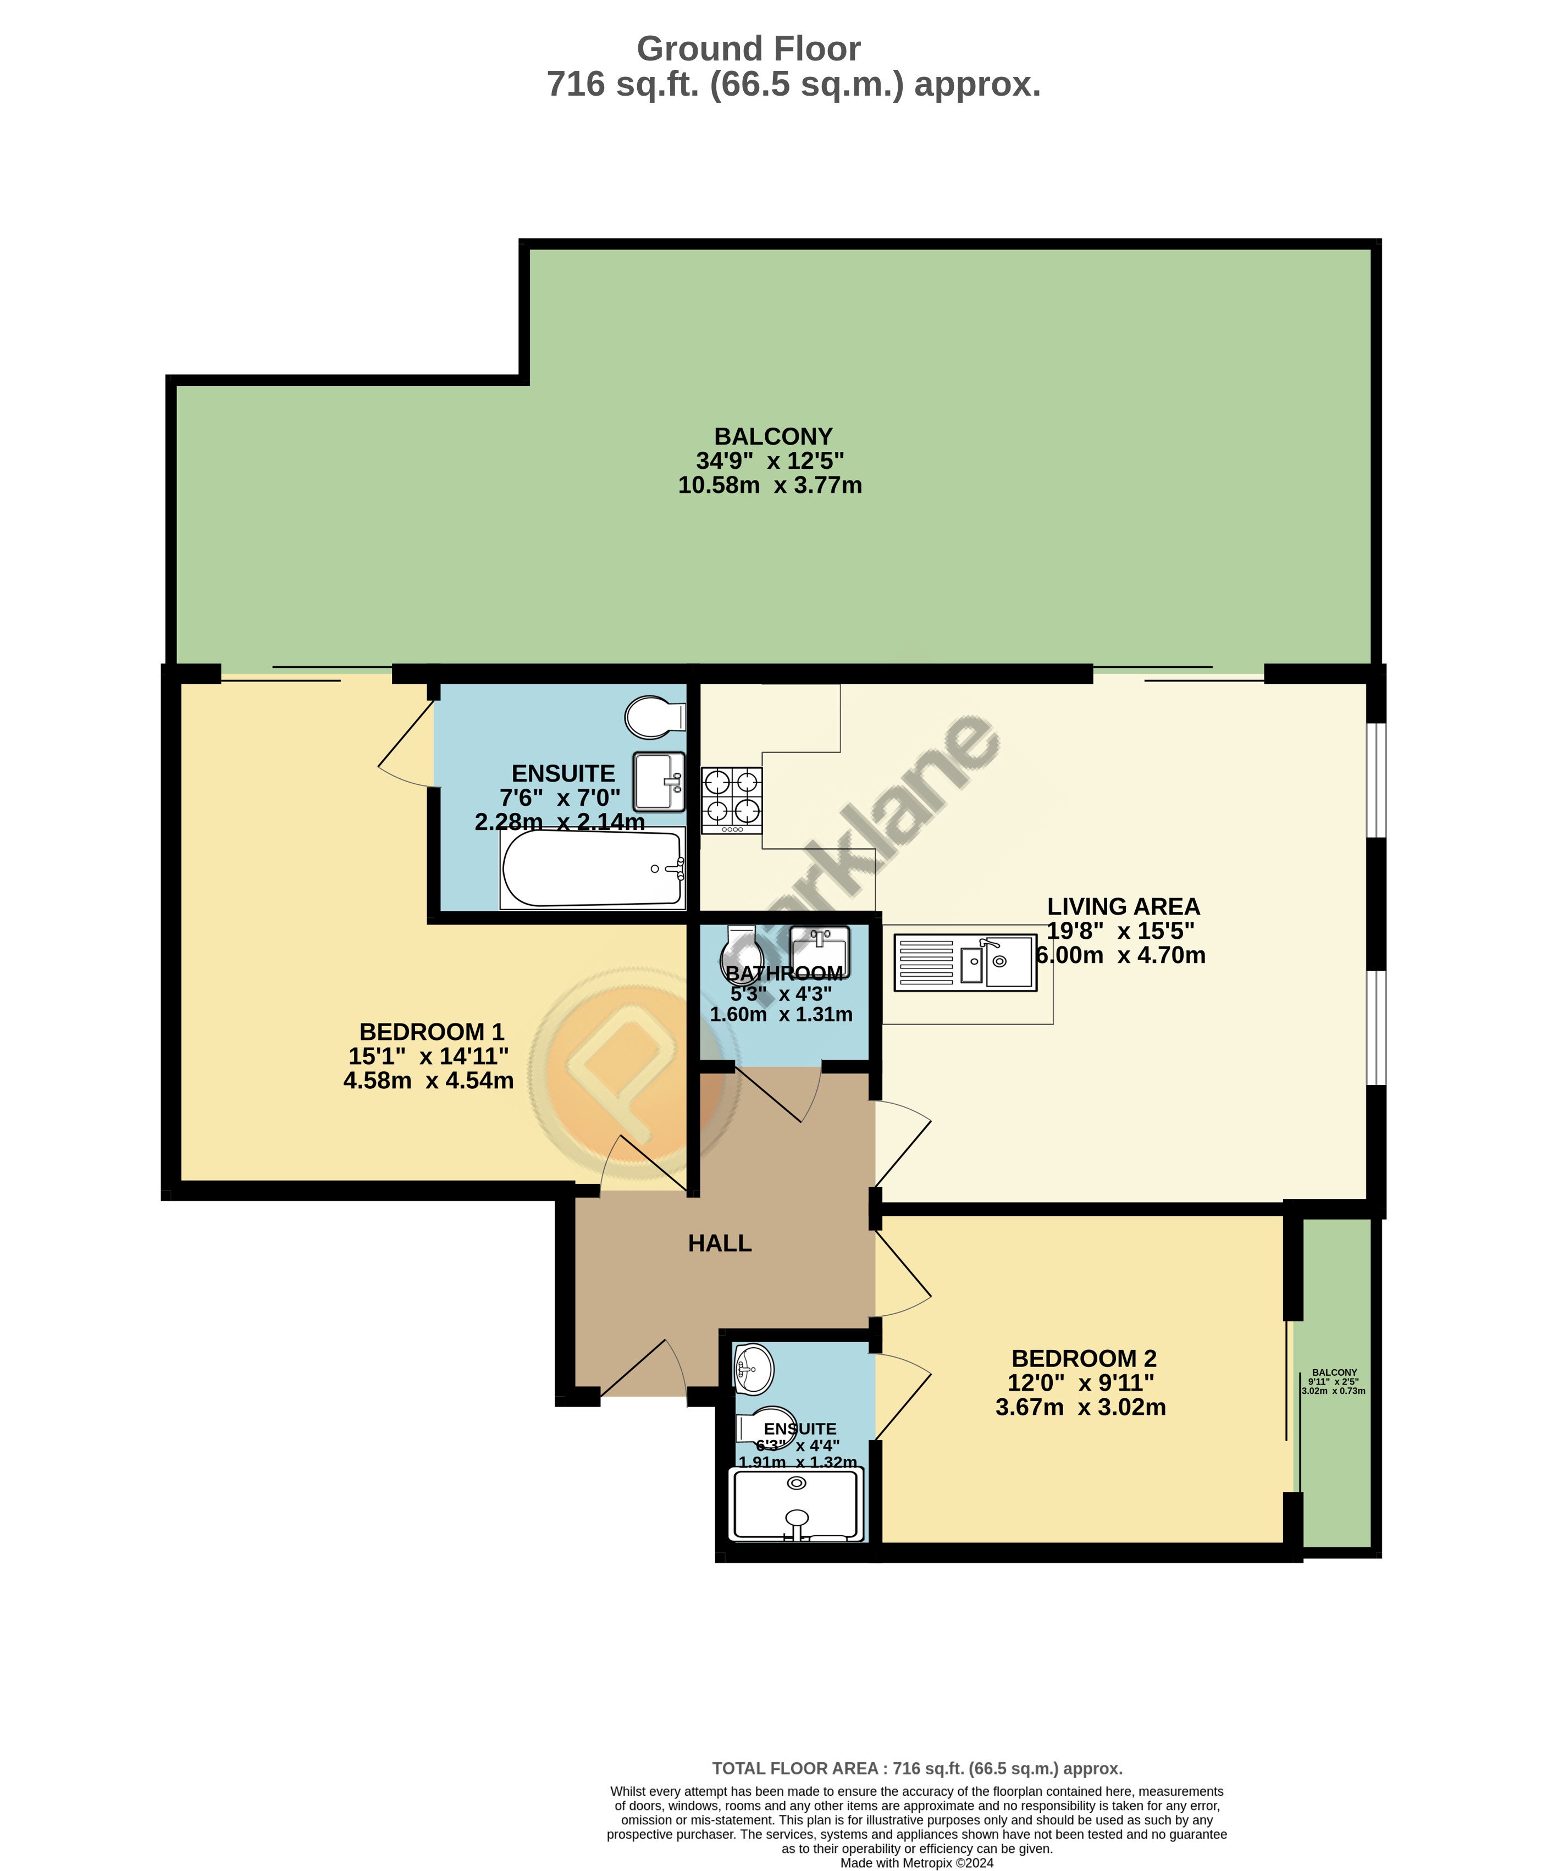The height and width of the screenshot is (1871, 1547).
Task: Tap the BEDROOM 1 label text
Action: (432, 1032)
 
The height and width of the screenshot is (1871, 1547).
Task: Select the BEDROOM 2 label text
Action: (1084, 1359)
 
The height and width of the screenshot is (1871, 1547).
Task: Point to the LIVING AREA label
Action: (1123, 906)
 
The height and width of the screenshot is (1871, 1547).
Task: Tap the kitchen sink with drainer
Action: (965, 962)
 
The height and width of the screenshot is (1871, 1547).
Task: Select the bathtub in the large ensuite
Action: (593, 868)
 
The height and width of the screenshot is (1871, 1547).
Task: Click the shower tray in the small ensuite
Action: (797, 1505)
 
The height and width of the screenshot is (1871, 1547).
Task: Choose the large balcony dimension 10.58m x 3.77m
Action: (770, 485)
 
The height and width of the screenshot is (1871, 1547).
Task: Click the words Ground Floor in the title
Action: (749, 49)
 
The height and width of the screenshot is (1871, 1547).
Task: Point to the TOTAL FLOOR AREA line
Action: (917, 1769)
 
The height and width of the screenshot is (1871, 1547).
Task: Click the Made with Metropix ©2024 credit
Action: (917, 1863)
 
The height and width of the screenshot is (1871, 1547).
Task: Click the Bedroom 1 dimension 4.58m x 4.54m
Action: (429, 1081)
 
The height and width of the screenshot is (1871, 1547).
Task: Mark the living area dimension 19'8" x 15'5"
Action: (1121, 930)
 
